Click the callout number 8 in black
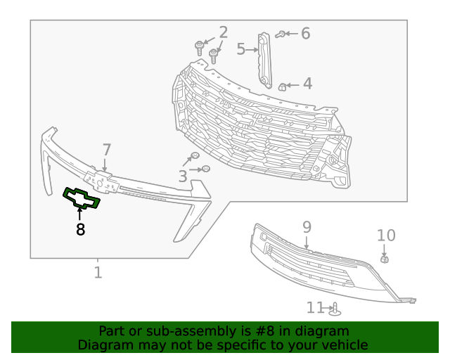(x=80, y=229)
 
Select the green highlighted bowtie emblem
(x=82, y=199)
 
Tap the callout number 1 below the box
(x=98, y=272)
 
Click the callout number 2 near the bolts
(x=223, y=32)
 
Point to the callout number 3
(x=183, y=176)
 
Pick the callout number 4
(x=307, y=85)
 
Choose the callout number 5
(x=240, y=49)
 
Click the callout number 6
(x=305, y=34)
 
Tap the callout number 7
(x=106, y=150)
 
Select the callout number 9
(x=307, y=226)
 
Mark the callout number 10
(x=386, y=236)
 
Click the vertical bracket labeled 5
(x=264, y=60)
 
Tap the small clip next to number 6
(x=280, y=34)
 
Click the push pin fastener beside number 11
(x=335, y=309)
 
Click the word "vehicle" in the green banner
(x=344, y=345)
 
